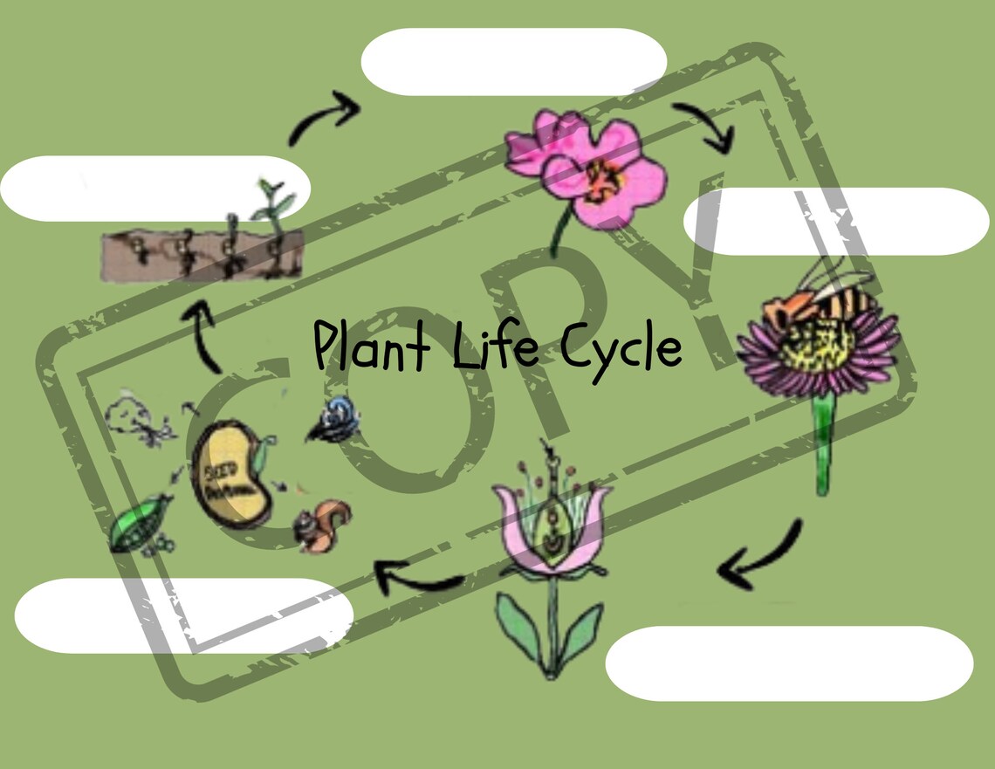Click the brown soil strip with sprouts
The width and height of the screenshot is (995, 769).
tap(201, 254)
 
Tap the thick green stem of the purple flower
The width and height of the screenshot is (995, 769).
tap(822, 445)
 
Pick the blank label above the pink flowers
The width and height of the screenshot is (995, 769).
tap(514, 61)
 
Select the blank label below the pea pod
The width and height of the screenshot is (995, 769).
tap(183, 615)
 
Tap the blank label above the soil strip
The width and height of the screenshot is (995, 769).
tap(155, 189)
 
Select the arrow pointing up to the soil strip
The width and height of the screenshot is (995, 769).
tap(206, 336)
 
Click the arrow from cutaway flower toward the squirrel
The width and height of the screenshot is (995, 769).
tap(418, 576)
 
